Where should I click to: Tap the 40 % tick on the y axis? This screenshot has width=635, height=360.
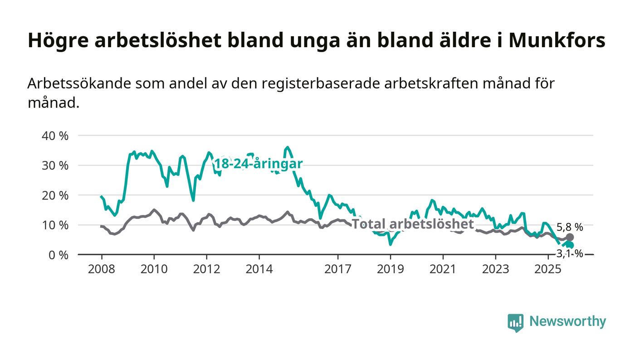pos(55,136)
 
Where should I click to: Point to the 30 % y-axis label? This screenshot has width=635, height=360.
pos(55,165)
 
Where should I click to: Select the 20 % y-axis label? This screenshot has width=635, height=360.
pos(55,195)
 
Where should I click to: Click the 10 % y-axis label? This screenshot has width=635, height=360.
pos(55,225)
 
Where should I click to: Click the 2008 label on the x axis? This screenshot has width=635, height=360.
pos(102,269)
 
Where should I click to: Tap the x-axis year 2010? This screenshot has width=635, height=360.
pos(154,269)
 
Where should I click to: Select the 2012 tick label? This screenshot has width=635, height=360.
pos(207,269)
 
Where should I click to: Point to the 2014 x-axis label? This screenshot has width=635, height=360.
pos(259,269)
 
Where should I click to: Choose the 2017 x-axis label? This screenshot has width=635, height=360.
pos(338,269)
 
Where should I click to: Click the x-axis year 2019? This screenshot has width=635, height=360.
pos(390,269)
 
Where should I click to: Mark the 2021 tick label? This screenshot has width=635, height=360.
pos(443,269)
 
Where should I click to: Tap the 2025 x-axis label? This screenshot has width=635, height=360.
pos(547,269)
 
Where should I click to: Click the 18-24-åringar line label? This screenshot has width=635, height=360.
pos(258,164)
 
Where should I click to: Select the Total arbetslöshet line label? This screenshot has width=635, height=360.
pos(413,224)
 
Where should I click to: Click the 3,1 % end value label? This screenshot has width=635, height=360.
pos(570,254)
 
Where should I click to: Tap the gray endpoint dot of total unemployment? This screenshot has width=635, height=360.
pos(570,237)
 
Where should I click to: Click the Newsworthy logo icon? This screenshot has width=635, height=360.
pos(515,322)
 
